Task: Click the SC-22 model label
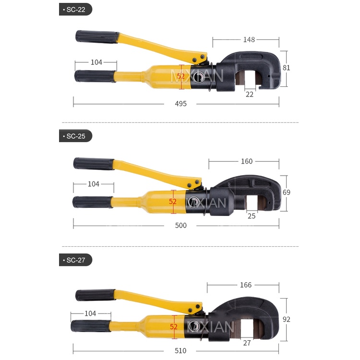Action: pos(75,10)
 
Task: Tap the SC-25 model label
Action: pos(75,136)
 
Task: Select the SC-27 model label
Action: pos(75,260)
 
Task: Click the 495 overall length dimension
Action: pos(180,104)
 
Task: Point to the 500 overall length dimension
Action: pos(180,226)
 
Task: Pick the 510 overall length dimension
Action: pos(180,350)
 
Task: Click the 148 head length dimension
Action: pos(249,40)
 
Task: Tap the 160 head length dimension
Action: pos(247,161)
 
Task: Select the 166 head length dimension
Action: pos(246,285)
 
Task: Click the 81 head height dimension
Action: pos(286,68)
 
